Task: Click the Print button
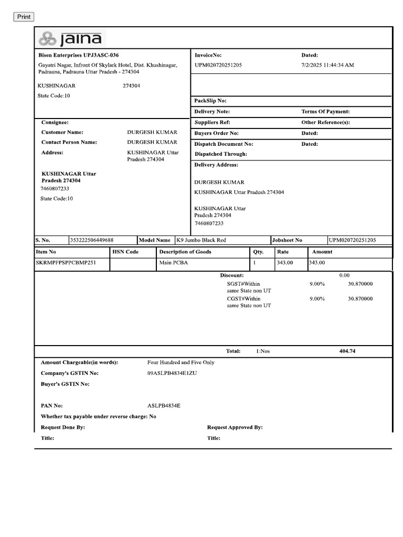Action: (24, 17)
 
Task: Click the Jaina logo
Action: (71, 38)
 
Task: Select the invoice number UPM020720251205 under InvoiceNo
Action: (218, 65)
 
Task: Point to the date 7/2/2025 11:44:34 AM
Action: (327, 65)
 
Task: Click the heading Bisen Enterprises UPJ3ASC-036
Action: (79, 55)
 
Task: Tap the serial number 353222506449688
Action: (92, 240)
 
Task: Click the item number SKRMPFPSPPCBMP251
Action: (66, 262)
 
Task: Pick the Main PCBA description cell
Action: (174, 262)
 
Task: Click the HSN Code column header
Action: (125, 252)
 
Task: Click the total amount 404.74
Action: (347, 351)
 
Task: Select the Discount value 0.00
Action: (344, 275)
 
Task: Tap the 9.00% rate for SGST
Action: (317, 284)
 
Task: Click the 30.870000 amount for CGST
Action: (360, 298)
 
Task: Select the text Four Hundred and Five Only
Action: (181, 362)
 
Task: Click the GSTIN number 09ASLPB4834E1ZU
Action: (173, 373)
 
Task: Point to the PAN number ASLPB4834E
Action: (164, 406)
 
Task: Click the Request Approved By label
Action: (235, 427)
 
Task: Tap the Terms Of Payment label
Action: (325, 112)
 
